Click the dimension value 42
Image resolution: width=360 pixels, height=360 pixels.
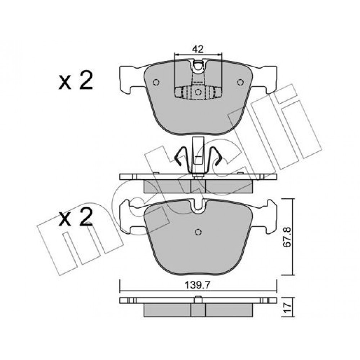tap(198, 49)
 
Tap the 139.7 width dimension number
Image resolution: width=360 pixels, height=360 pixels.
tap(198, 285)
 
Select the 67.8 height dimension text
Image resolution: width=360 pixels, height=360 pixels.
tap(287, 237)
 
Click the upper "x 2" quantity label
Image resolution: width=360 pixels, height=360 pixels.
tap(76, 80)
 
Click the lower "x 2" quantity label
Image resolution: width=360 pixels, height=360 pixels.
tap(76, 217)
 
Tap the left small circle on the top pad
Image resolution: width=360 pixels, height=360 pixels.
tap(156, 82)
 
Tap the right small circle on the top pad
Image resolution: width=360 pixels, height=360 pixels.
tap(240, 82)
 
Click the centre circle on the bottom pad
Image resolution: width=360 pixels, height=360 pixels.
tap(198, 232)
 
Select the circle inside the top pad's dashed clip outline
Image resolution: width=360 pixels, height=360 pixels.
tap(198, 92)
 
